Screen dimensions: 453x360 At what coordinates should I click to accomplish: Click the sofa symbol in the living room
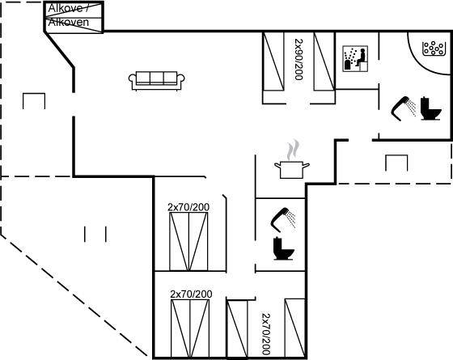(x=157, y=81)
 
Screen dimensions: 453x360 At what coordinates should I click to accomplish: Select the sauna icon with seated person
(x=355, y=58)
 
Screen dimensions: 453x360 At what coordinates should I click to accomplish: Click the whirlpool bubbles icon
(x=433, y=48)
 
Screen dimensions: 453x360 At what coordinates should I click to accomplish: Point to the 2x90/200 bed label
(x=298, y=60)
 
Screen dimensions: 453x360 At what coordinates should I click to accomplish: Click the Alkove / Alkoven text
(x=69, y=15)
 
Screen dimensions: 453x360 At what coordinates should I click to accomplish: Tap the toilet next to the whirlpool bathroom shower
(x=430, y=108)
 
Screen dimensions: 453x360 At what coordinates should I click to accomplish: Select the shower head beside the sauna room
(x=404, y=108)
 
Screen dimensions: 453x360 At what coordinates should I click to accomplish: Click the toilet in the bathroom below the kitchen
(x=283, y=248)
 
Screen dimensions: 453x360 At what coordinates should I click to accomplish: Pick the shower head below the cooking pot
(x=283, y=219)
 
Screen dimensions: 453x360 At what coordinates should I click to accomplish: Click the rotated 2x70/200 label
(x=266, y=334)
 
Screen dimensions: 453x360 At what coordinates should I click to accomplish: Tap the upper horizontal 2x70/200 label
(x=188, y=207)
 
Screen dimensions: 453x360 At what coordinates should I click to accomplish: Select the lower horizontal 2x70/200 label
(x=191, y=294)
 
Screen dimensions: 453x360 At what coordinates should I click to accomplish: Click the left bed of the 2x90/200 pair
(x=273, y=61)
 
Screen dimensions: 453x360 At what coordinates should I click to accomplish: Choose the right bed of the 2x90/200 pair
(x=324, y=61)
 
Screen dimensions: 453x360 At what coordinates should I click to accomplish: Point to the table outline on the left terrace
(x=34, y=94)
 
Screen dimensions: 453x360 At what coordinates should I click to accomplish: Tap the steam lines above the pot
(x=293, y=150)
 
